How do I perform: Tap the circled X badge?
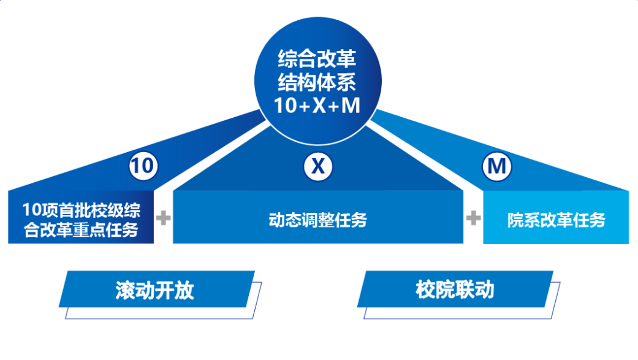pos(318,166)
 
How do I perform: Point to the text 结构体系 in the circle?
pos(317,83)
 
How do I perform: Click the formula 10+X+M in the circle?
pos(317,105)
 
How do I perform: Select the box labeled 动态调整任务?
pos(317,218)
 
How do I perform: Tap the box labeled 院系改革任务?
pos(556,219)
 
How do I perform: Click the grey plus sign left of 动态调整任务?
pos(164,218)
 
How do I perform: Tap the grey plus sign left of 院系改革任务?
pos(473,218)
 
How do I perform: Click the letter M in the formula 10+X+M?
pos(350,105)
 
